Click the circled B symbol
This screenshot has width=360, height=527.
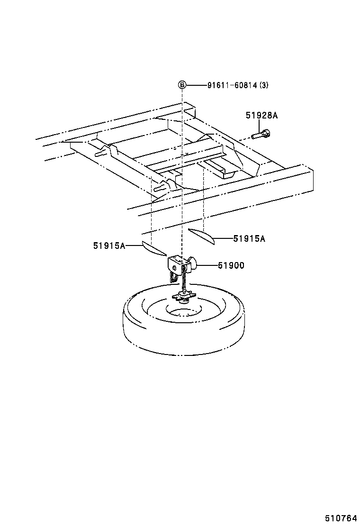coord(182,85)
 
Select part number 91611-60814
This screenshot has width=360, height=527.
coord(232,85)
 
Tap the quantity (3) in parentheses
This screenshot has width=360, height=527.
coord(264,85)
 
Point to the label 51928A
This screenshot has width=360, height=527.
coord(261,115)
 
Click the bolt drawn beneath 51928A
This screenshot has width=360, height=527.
coord(261,135)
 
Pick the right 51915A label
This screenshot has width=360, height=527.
coord(249,238)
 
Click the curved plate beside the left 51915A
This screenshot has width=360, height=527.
coord(153,248)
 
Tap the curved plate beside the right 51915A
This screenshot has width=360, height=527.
coord(202,236)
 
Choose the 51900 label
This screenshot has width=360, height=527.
coord(231,265)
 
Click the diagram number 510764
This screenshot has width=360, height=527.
coord(340,518)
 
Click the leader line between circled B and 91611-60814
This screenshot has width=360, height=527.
coord(196,85)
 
